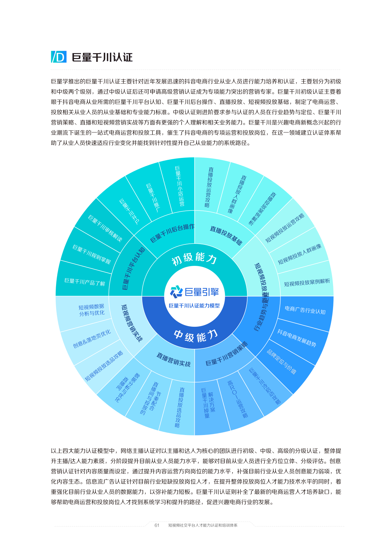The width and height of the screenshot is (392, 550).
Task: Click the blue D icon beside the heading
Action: click(59, 57)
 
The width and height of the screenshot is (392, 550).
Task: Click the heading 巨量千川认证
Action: click(102, 57)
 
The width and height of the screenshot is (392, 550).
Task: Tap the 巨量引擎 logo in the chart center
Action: click(194, 291)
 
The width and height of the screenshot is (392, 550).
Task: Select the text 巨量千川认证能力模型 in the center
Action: click(194, 306)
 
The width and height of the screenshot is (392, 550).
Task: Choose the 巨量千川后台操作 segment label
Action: click(172, 233)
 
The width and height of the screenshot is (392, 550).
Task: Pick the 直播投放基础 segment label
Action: click(226, 235)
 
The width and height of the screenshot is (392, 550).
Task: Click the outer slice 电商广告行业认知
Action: click(305, 310)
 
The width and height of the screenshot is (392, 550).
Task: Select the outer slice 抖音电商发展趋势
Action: click(297, 338)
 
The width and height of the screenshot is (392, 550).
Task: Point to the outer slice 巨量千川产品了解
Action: click(85, 282)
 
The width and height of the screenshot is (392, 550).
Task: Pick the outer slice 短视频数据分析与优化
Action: click(92, 310)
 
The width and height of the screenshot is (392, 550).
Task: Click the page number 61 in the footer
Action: click(157, 525)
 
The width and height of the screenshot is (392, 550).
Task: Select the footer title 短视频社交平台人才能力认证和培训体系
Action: click(203, 525)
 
